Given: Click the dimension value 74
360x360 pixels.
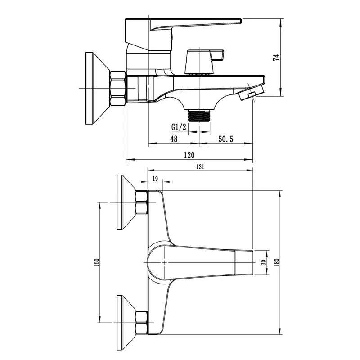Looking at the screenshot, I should [277, 57].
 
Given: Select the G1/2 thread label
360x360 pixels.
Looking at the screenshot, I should [179, 127].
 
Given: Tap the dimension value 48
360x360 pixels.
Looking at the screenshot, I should [174, 139].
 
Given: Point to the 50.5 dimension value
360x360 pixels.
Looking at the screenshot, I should [225, 139].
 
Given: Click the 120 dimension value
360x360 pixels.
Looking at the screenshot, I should [189, 155].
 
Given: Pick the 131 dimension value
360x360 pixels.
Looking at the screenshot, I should [201, 166].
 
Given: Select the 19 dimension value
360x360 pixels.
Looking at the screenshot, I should [155, 179].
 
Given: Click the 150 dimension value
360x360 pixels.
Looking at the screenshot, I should [96, 262].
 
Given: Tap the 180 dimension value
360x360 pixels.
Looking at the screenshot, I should [277, 262].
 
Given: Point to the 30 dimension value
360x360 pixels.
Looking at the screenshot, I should [263, 262].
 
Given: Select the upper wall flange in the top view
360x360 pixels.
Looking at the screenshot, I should [126, 202].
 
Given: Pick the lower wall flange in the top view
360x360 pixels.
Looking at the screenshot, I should [126, 322].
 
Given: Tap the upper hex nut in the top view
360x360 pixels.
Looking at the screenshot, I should [141, 202].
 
